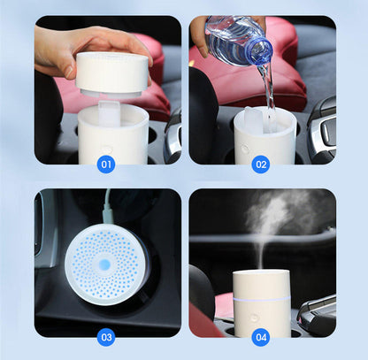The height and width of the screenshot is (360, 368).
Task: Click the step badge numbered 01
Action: click(107, 164)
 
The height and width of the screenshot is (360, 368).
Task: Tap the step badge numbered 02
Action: click(261, 164)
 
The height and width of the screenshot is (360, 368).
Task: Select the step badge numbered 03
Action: click(107, 337)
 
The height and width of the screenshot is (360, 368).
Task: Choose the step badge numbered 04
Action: click(261, 337)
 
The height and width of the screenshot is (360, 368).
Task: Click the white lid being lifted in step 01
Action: click(112, 73)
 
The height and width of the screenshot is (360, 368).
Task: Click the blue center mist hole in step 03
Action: click(104, 263)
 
